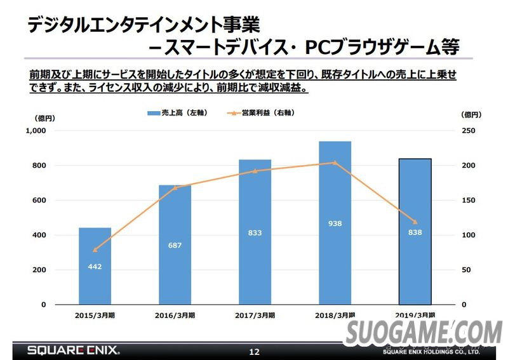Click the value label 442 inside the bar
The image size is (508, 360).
pyautogui.click(x=95, y=267)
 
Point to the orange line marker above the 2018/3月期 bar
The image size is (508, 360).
pyautogui.click(x=335, y=163)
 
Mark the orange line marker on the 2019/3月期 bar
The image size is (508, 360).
pyautogui.click(x=415, y=222)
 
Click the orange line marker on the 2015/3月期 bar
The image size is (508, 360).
pyautogui.click(x=95, y=250)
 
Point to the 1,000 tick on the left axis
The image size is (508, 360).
pyautogui.click(x=36, y=131)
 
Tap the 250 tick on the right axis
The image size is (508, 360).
pyautogui.click(x=469, y=131)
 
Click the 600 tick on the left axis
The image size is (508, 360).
pyautogui.click(x=39, y=201)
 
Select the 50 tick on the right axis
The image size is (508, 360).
pyautogui.click(x=466, y=270)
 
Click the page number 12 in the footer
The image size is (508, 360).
pyautogui.click(x=254, y=351)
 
